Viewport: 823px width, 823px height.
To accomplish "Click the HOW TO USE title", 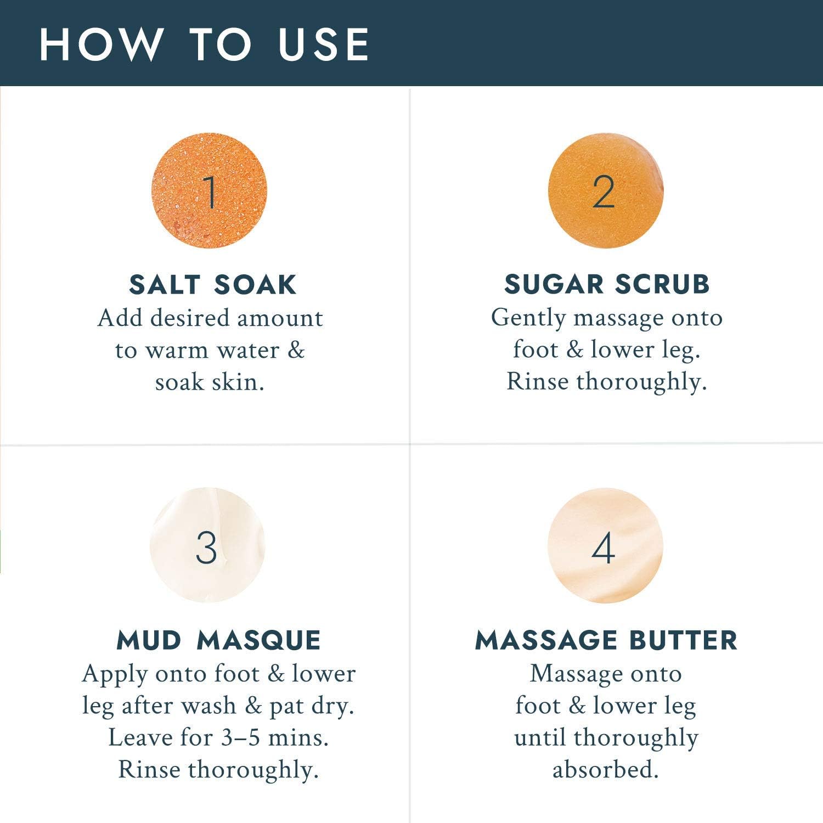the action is (x=204, y=44).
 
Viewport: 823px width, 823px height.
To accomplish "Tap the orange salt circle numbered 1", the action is (x=210, y=190).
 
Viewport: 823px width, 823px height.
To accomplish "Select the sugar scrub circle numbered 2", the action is (x=606, y=190).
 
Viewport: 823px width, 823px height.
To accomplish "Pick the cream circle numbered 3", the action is (x=207, y=545).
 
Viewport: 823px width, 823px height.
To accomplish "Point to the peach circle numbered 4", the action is (x=605, y=545).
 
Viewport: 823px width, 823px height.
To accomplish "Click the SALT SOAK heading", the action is (x=213, y=285).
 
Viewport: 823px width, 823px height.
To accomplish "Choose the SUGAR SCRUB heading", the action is (x=607, y=284).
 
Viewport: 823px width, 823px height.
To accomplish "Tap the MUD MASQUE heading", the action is (x=218, y=640).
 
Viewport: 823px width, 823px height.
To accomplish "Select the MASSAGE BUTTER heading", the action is (x=606, y=640).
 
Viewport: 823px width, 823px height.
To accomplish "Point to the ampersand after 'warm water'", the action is (x=296, y=350).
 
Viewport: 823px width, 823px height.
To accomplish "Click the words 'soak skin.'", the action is (x=210, y=382).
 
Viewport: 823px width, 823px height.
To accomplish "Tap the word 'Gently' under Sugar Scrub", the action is (x=528, y=319).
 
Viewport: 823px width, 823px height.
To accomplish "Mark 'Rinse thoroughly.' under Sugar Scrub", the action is (x=606, y=382).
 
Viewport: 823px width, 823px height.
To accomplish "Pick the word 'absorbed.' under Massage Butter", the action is (x=605, y=769).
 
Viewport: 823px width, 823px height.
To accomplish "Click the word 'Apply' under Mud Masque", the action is (x=115, y=675).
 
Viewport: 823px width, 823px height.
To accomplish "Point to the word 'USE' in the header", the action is (x=324, y=44).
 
